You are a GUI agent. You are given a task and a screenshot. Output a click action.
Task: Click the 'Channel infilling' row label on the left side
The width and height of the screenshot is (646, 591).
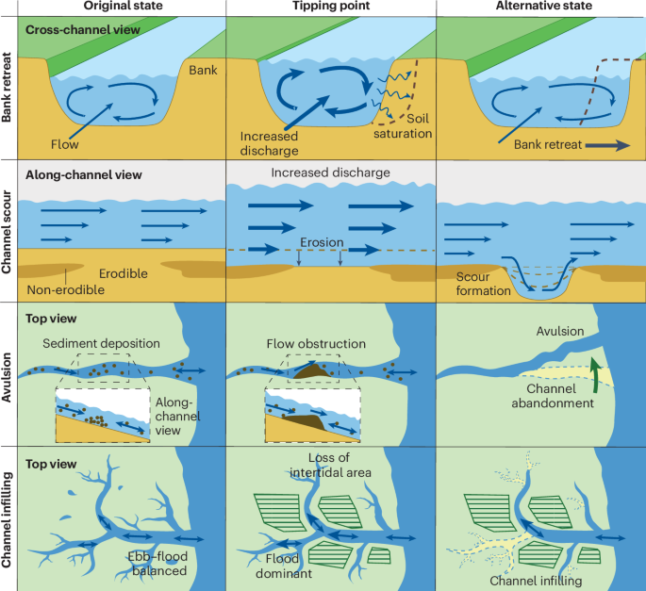pyautogui.click(x=9, y=517)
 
